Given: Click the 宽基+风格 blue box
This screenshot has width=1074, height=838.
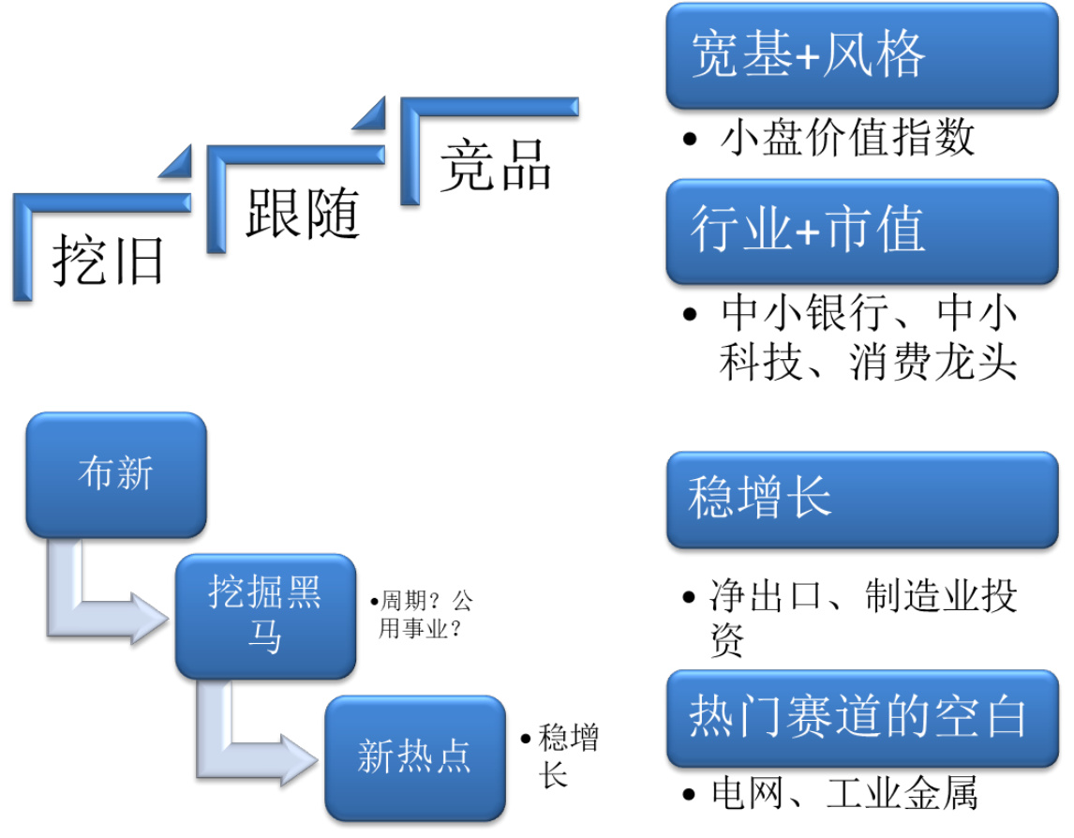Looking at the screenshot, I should coord(861,56).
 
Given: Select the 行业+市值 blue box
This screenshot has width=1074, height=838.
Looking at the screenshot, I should coord(861,231).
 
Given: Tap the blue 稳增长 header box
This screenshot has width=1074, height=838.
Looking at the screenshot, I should coord(861,499).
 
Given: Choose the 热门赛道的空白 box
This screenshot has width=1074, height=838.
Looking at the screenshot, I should coord(861,718).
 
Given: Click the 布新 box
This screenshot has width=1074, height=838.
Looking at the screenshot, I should coord(115,475).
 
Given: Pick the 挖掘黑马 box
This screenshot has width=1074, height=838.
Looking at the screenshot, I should coord(265,616).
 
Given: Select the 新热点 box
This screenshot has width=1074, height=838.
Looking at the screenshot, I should coord(413,757).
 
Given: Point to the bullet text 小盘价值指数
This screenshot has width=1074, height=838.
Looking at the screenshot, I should coord(848,139).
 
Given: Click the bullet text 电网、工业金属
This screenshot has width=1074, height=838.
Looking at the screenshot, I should coord(844,795).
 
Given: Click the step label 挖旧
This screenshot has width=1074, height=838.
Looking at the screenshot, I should coord(109,259).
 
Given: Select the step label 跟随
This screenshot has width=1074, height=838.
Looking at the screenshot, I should coord(303,213).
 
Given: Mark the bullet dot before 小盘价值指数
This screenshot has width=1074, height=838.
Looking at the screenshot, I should coord(691,141).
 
